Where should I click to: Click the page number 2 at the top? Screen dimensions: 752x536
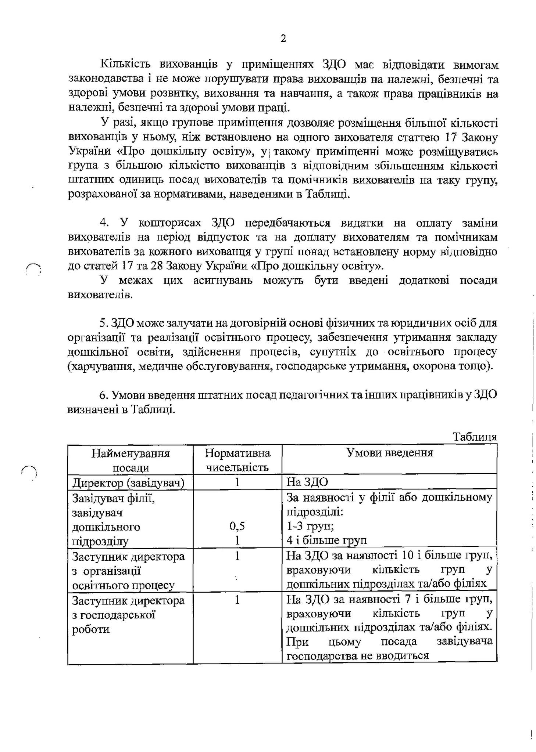(283, 38)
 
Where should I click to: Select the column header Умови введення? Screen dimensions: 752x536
(390, 452)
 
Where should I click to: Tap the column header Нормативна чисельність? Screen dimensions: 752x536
(237, 460)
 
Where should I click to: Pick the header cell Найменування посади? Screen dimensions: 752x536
(131, 460)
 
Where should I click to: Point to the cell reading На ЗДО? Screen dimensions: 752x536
(307, 482)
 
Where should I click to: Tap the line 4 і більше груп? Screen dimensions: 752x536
(326, 540)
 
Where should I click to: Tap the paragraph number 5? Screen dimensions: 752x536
(103, 323)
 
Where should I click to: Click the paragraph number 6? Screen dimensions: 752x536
(103, 395)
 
